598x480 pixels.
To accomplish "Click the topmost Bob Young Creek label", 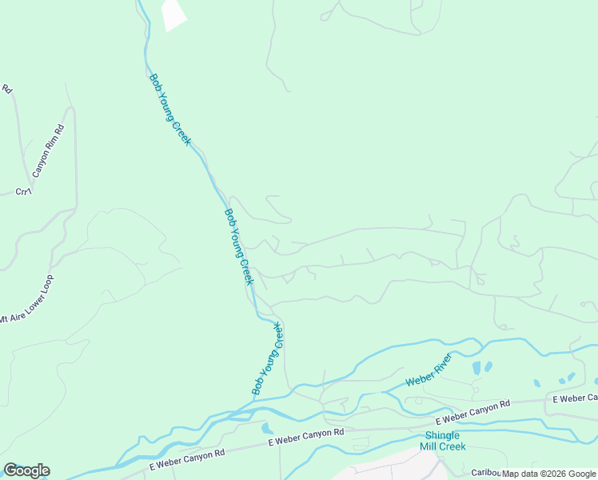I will tap(170, 109).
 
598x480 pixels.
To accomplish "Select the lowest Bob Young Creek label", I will tap(269, 358).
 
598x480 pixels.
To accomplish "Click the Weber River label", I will tap(429, 370).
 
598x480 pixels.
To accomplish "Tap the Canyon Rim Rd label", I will tap(48, 151).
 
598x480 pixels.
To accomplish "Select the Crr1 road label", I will tap(23, 191).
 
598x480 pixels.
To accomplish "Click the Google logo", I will tap(26, 470).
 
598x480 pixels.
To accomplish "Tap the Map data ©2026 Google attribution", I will tap(548, 474).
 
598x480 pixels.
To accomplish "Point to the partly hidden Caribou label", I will tap(484, 472).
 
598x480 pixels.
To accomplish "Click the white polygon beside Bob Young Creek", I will tap(173, 14).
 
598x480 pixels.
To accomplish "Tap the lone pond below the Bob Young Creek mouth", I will tap(267, 428).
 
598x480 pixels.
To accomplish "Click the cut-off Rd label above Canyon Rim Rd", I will tap(7, 90).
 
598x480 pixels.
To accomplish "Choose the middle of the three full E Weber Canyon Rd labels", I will tap(305, 436).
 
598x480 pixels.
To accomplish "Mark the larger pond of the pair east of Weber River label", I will tap(477, 368).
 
